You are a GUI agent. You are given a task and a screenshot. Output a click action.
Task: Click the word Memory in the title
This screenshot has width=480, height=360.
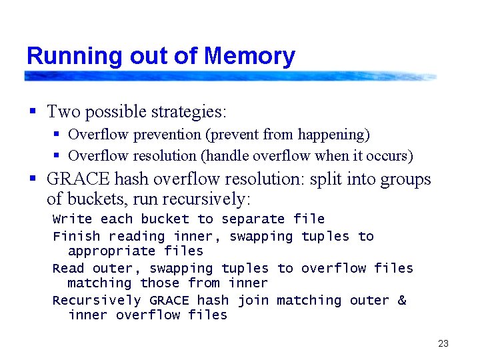pyautogui.click(x=250, y=56)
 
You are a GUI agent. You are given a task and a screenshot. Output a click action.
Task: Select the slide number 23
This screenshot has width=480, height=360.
pyautogui.click(x=443, y=344)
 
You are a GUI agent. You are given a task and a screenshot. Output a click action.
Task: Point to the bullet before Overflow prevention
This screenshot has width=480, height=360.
pyautogui.click(x=57, y=135)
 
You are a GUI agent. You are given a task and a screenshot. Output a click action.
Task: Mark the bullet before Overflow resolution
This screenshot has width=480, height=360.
pyautogui.click(x=57, y=156)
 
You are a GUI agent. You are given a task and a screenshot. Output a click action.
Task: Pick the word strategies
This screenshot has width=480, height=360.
pyautogui.click(x=189, y=111)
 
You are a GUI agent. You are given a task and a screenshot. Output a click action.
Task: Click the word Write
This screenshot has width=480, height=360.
pyautogui.click(x=73, y=219)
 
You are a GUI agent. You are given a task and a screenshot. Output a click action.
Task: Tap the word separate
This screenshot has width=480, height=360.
pyautogui.click(x=253, y=219)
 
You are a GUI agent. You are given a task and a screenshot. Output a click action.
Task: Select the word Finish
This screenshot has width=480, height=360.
pyautogui.click(x=77, y=236)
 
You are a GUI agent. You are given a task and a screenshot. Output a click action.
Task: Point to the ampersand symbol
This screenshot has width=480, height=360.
pyautogui.click(x=401, y=300)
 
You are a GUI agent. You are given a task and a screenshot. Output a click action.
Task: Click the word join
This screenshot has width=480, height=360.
pyautogui.click(x=253, y=300)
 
